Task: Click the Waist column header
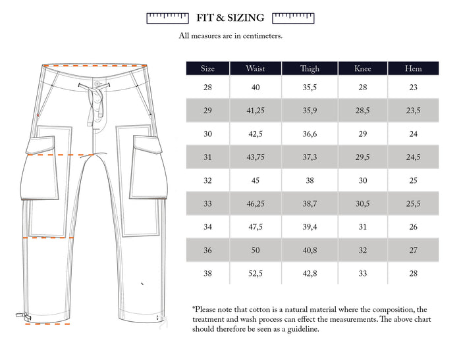[256, 68]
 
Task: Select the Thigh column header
[310, 68]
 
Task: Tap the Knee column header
[362, 68]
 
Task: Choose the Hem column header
[413, 68]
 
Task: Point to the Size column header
[207, 68]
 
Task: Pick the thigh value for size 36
[310, 250]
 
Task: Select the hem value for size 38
[413, 273]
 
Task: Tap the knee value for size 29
[362, 111]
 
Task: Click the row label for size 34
[207, 227]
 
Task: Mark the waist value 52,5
[256, 273]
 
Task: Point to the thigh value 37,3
[310, 157]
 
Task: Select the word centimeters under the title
[259, 36]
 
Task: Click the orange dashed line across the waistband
[92, 66]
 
